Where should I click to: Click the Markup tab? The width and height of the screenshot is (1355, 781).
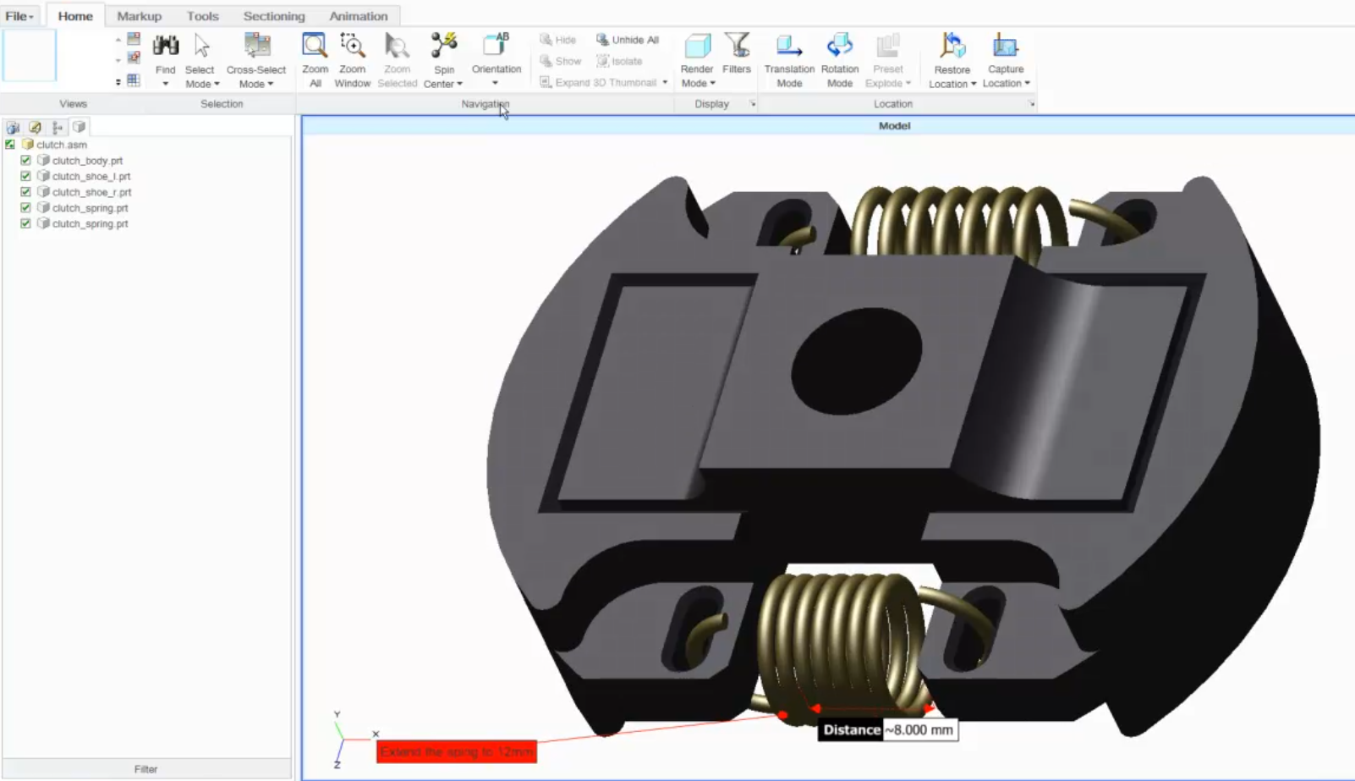pyautogui.click(x=139, y=16)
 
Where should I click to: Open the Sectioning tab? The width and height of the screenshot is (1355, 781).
pyautogui.click(x=274, y=16)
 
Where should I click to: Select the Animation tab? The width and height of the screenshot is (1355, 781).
pyautogui.click(x=359, y=16)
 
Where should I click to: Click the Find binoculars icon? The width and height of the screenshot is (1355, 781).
pyautogui.click(x=166, y=46)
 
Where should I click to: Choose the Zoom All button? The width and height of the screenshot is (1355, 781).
pyautogui.click(x=315, y=46)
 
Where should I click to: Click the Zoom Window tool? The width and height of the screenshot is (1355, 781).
pyautogui.click(x=352, y=46)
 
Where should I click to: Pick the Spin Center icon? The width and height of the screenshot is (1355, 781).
pyautogui.click(x=443, y=46)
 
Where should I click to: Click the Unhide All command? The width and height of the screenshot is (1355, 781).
pyautogui.click(x=628, y=40)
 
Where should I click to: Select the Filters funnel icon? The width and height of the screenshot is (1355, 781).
pyautogui.click(x=737, y=46)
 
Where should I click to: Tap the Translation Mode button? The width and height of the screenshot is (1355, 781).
pyautogui.click(x=789, y=46)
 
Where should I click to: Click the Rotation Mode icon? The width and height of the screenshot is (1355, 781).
pyautogui.click(x=840, y=46)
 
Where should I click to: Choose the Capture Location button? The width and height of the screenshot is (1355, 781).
pyautogui.click(x=1005, y=46)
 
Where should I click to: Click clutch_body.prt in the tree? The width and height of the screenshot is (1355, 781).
pyautogui.click(x=87, y=161)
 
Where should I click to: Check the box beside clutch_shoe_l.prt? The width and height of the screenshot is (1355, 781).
pyautogui.click(x=26, y=176)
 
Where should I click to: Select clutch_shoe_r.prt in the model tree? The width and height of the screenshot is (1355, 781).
pyautogui.click(x=91, y=192)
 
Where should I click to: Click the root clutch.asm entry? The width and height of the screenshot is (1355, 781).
pyautogui.click(x=61, y=145)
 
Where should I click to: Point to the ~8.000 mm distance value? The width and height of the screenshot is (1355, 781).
pyautogui.click(x=919, y=730)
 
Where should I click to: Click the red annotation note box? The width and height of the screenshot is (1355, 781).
pyautogui.click(x=456, y=751)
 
